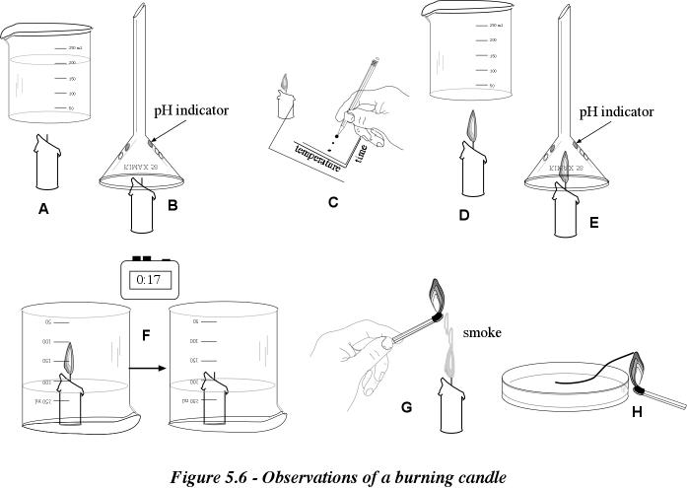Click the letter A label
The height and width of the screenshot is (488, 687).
click(x=42, y=208)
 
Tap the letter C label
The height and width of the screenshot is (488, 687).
click(x=333, y=203)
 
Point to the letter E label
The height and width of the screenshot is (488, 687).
click(x=593, y=223)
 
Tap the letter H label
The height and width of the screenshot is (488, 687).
click(x=637, y=411)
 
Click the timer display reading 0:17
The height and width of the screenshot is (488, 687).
click(x=147, y=280)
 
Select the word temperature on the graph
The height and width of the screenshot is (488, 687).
click(x=320, y=156)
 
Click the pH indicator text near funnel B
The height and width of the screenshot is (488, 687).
click(x=191, y=110)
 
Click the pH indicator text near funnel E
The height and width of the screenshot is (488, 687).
click(x=617, y=113)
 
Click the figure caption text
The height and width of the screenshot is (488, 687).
click(x=338, y=477)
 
